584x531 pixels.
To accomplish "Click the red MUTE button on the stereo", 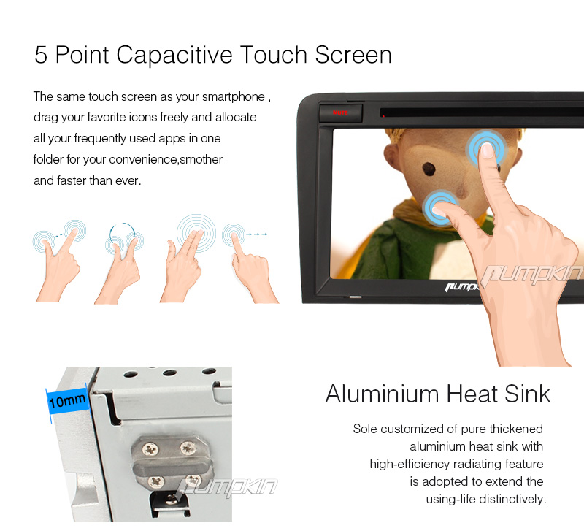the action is tap(340, 112).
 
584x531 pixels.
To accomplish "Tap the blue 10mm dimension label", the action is tap(67, 401).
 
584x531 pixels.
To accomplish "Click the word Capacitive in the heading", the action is tap(174, 55).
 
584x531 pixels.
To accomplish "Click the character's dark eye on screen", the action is tap(429, 169).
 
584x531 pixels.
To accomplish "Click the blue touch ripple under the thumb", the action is tap(440, 207).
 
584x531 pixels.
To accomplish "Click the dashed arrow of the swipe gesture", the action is tap(257, 234).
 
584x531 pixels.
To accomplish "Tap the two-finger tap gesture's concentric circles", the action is tap(196, 232).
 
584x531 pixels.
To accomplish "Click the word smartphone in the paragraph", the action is tap(233, 96).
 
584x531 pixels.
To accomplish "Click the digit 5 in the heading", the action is tap(41, 56).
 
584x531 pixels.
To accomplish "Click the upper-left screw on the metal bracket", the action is tap(150, 449).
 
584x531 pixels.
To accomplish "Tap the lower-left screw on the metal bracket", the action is tap(155, 482).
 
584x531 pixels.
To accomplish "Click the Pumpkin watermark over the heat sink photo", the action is tap(227, 487).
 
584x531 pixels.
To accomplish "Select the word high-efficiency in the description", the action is tap(410, 464).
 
